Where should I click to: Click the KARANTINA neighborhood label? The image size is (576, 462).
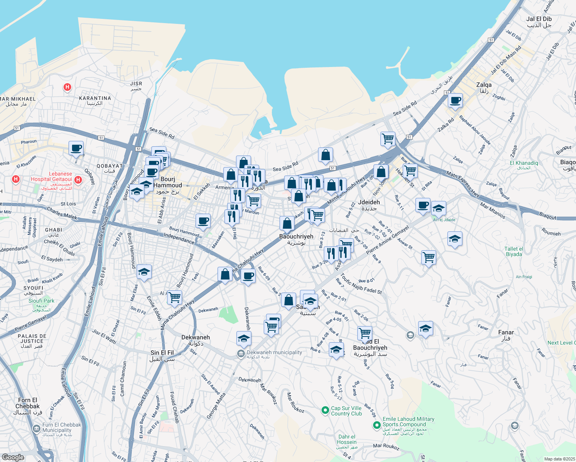pyautogui.click(x=95, y=100)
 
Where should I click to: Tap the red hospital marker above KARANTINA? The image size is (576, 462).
pyautogui.click(x=67, y=87)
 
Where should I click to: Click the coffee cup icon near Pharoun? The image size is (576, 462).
pyautogui.click(x=76, y=148)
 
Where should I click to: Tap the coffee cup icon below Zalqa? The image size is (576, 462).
pyautogui.click(x=455, y=100)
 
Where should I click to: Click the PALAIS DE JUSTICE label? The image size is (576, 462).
pyautogui.click(x=32, y=341)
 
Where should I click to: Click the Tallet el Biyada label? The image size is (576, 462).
pyautogui.click(x=514, y=251)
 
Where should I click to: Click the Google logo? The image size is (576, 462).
pyautogui.click(x=13, y=457)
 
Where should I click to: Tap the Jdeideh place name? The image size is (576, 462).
pyautogui.click(x=369, y=205)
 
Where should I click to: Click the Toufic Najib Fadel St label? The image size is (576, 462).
pyautogui.click(x=361, y=284)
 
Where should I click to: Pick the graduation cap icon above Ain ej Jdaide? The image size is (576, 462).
pyautogui.click(x=439, y=209)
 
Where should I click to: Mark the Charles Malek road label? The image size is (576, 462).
pyautogui.click(x=62, y=213)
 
